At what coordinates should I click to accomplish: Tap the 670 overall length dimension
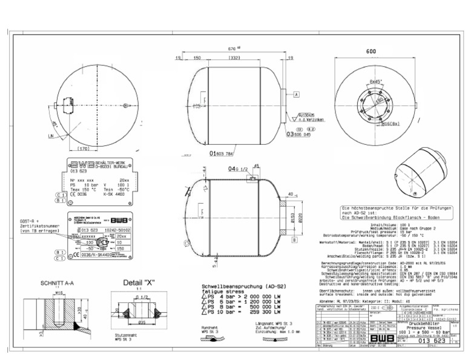pyautogui.click(x=232, y=49)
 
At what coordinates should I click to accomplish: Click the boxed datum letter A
pyautogui.click(x=297, y=95)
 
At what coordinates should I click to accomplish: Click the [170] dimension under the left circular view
pyautogui.click(x=85, y=148)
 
